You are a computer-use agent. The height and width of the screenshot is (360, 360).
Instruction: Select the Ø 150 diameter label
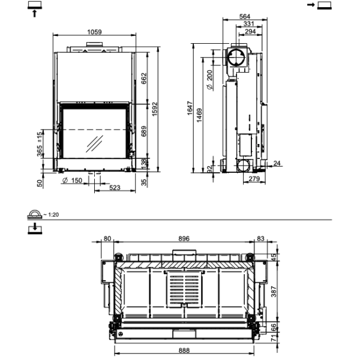click(73, 181)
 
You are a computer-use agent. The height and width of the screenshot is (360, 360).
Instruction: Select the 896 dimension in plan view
click(184, 238)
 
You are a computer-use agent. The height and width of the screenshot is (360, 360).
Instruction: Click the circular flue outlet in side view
click(236, 59)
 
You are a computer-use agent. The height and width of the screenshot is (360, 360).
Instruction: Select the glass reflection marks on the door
click(94, 144)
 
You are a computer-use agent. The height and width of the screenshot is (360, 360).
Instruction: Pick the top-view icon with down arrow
click(35, 228)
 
